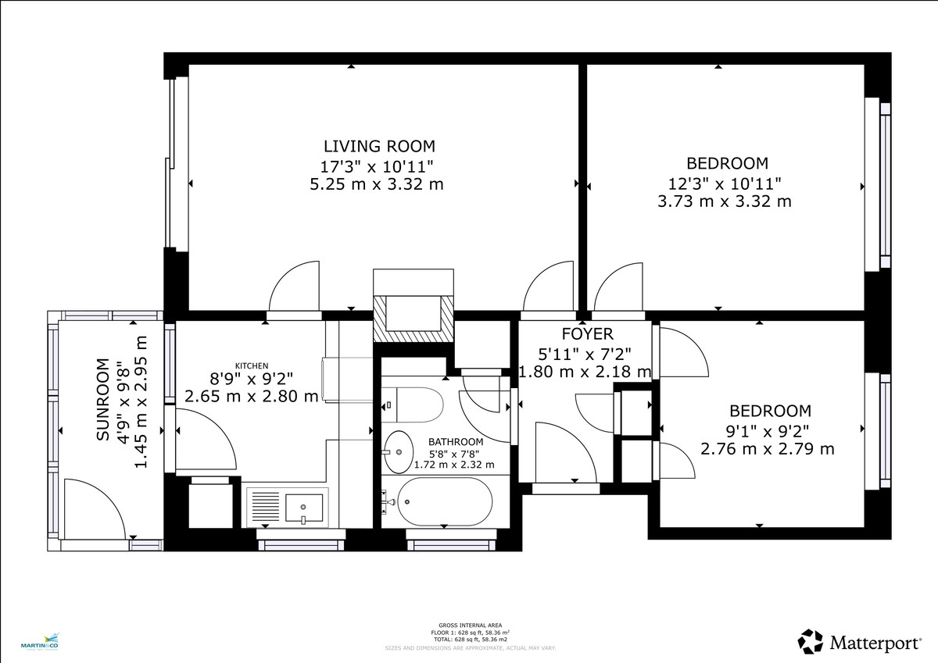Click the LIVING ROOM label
click(x=379, y=146)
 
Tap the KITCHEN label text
click(x=252, y=365)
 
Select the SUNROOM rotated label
click(x=102, y=400)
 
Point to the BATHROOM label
click(x=454, y=440)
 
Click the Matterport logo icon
click(x=811, y=642)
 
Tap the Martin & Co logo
click(x=45, y=643)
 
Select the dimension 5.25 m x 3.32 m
click(x=377, y=184)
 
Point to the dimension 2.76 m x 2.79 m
click(x=768, y=449)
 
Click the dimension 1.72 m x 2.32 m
click(x=454, y=465)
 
